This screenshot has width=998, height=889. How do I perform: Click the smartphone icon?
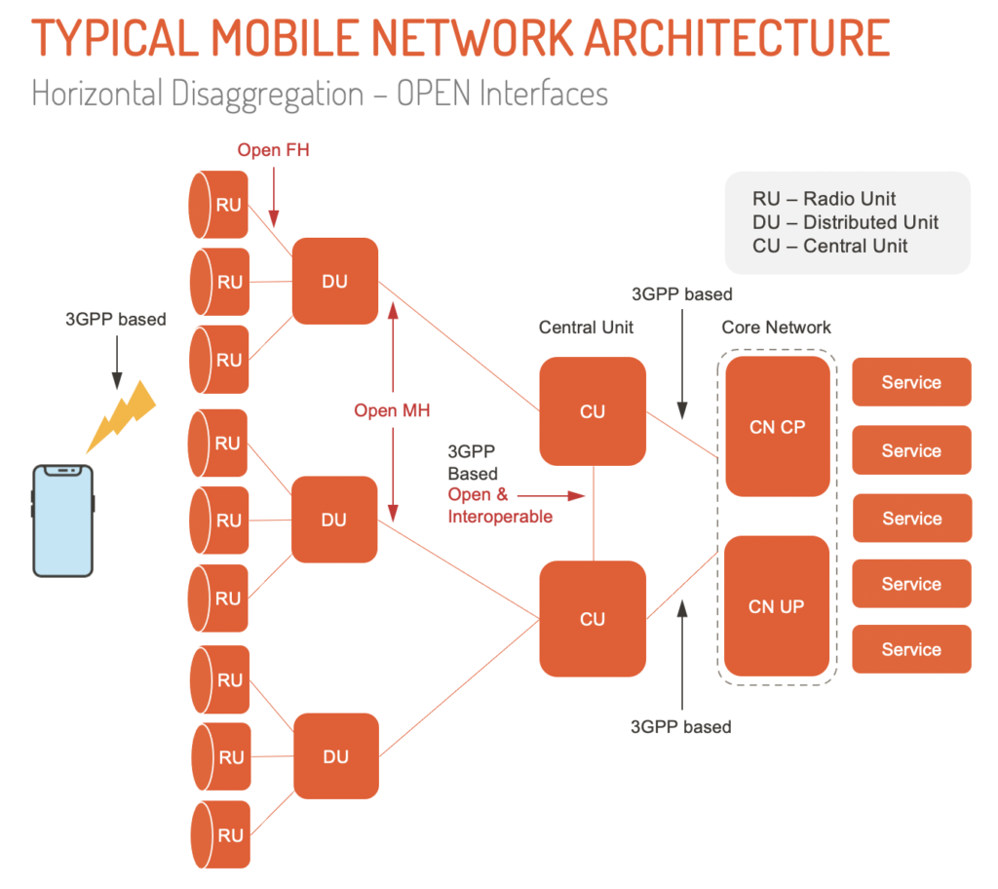pos(63,522)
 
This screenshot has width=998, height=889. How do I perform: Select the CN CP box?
pos(777,427)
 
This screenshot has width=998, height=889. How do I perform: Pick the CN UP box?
pos(777,606)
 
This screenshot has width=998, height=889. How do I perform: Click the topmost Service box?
pos(911,382)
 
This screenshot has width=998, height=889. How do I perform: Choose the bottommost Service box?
pos(911,649)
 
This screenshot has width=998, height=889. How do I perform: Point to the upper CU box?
pos(593,410)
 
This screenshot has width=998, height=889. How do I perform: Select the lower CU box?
pos(593,619)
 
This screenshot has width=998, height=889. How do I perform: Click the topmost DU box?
pos(334,281)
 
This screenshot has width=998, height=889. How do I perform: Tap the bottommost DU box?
pos(335,756)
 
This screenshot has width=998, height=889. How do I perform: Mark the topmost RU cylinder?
pos(219,205)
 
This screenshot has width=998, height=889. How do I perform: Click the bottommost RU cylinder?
pos(220,835)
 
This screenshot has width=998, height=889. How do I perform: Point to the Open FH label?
pos(273,150)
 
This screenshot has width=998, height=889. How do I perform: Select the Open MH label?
pos(392,410)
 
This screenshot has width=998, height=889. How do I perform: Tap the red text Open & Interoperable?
pos(499,506)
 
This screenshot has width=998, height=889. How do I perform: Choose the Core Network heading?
pos(776,328)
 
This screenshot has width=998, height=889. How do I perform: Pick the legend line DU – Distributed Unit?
pos(845,222)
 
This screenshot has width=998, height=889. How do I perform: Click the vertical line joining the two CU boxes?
pos(594,513)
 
